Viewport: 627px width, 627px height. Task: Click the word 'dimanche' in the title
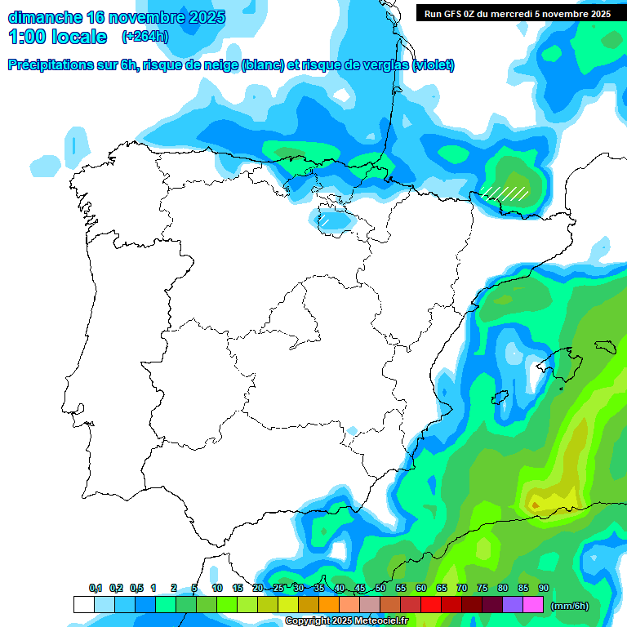click(44, 17)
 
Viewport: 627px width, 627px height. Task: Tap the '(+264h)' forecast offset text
click(145, 36)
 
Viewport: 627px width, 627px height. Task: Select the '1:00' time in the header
click(28, 37)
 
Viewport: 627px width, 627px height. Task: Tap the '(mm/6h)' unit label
click(570, 606)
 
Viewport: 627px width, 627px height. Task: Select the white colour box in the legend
click(83, 605)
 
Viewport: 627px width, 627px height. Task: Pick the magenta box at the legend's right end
click(533, 605)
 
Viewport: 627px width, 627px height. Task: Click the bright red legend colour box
click(431, 605)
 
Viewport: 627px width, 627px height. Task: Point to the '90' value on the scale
click(544, 589)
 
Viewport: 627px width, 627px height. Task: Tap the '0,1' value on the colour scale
click(96, 589)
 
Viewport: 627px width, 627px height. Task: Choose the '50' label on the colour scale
click(380, 589)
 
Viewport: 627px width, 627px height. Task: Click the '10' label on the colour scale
click(217, 589)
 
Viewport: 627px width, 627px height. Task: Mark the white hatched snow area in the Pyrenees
click(505, 193)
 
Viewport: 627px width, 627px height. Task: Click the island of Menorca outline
click(603, 346)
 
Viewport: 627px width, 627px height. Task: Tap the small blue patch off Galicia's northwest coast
click(75, 144)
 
